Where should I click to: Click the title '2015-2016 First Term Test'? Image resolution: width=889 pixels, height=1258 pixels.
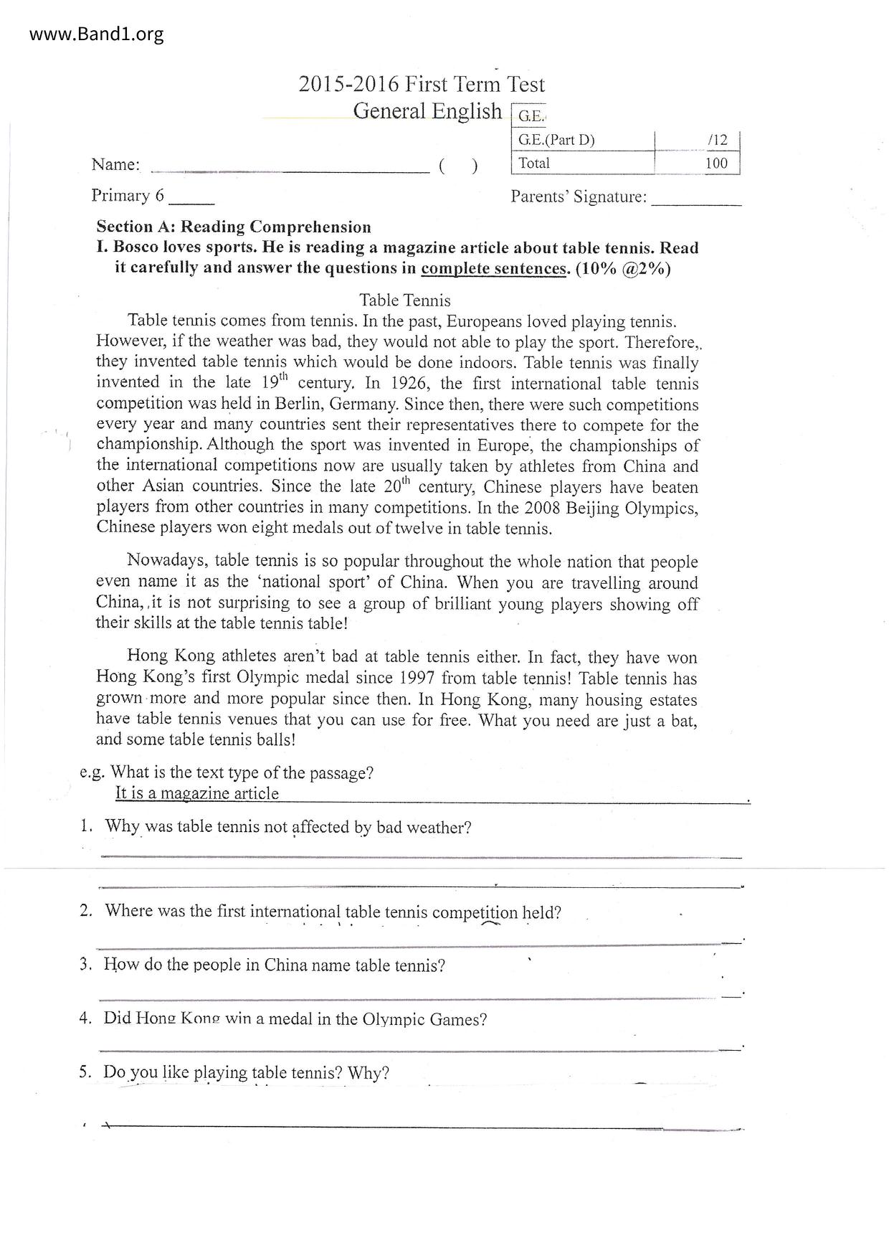[422, 85]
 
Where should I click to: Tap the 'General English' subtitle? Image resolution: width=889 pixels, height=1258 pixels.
[427, 111]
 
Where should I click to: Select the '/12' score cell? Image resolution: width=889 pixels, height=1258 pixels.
[716, 141]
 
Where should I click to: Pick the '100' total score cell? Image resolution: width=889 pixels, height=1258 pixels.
[716, 163]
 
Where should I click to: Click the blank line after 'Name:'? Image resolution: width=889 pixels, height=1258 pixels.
[290, 169]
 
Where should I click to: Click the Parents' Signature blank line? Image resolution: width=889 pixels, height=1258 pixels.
[695, 202]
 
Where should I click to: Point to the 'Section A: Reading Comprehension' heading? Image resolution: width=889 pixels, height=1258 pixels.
[234, 227]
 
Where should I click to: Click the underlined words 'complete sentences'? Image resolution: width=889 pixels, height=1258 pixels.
[493, 269]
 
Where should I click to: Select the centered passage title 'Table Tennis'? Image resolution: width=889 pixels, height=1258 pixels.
[405, 300]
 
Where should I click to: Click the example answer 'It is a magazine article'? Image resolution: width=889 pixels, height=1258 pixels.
[197, 793]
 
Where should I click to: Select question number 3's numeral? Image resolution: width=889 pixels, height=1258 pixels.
[85, 964]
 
